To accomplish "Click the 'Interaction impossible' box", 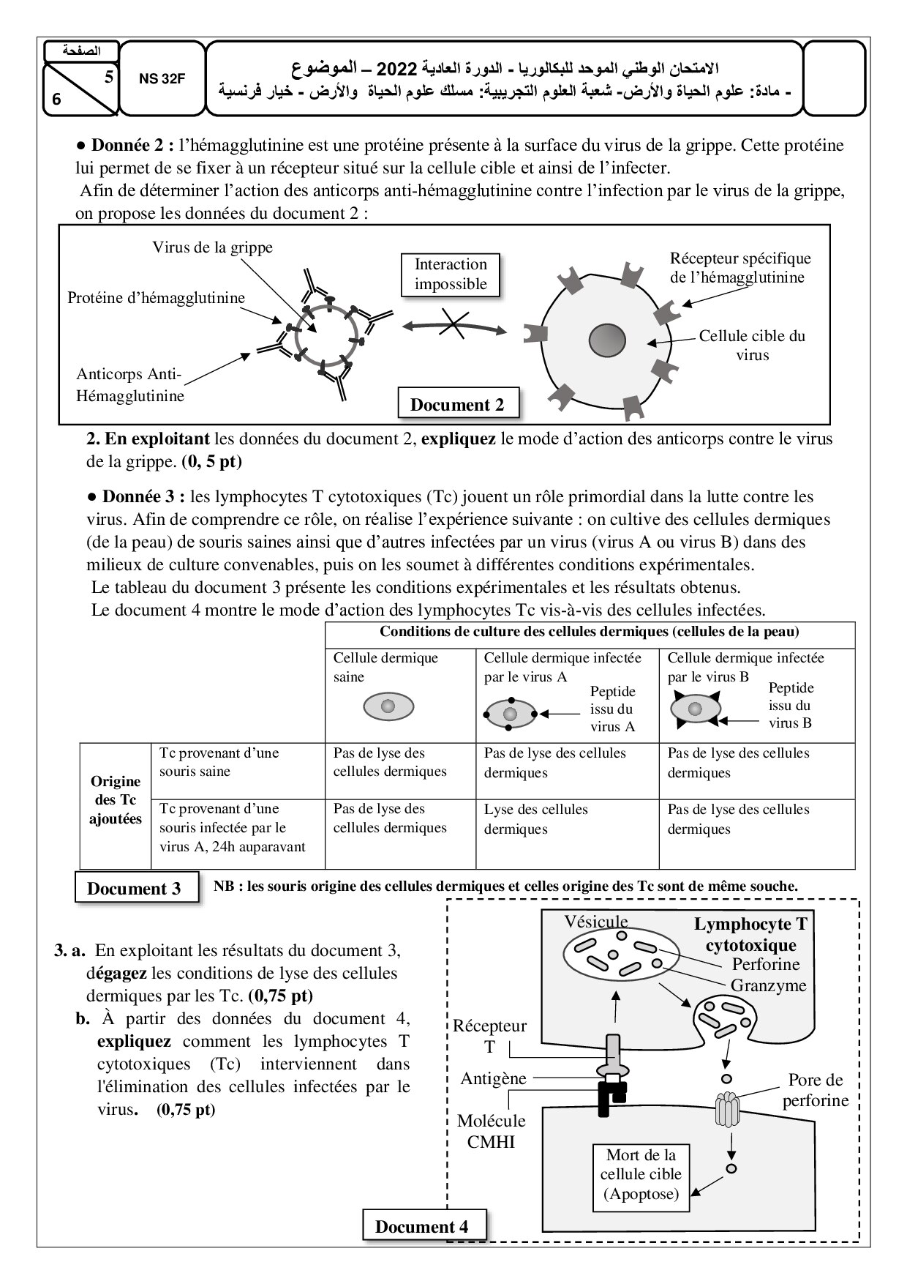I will click(451, 275).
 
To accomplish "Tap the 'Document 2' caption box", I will click(457, 405).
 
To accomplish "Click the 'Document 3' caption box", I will click(134, 889).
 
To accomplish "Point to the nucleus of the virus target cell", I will click(607, 340).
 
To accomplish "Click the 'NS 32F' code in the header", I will click(162, 79).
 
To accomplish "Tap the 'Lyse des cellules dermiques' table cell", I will click(536, 818).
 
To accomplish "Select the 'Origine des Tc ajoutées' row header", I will click(115, 800).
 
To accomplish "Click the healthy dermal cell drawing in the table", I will click(388, 706).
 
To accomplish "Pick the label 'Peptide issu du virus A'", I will click(612, 709).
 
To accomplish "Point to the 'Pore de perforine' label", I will click(816, 1090).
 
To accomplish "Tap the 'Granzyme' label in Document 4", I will click(768, 985).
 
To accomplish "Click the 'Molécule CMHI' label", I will click(491, 1131).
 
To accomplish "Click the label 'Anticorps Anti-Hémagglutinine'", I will click(129, 385).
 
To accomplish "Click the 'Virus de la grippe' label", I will click(212, 247).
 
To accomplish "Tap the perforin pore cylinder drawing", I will click(726, 1110).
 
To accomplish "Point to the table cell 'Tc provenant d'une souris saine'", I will click(219, 762).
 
